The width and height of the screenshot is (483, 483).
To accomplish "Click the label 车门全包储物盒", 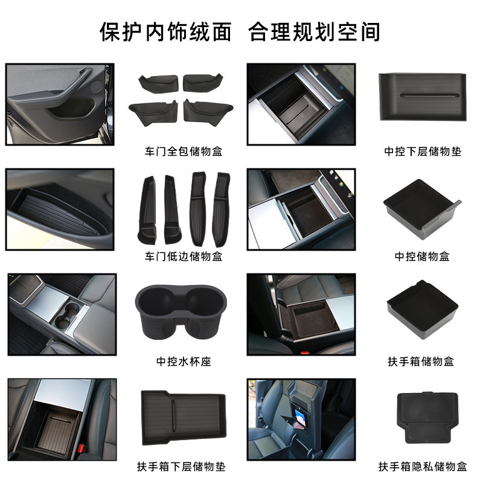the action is coord(184,152).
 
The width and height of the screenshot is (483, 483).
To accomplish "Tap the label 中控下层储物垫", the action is coord(423,152).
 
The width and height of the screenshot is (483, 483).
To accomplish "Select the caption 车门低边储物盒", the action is coord(184,256).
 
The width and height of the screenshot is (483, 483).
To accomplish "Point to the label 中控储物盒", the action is coord(422,256).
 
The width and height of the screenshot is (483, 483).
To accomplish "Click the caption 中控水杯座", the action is coord(184,361).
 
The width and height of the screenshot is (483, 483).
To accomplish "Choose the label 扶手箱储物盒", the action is coord(421,361).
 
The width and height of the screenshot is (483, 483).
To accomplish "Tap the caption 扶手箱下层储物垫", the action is coord(181,466).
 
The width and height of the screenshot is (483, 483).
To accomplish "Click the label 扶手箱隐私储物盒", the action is coord(423,466).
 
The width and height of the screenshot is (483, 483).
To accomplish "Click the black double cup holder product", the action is coord(181,312).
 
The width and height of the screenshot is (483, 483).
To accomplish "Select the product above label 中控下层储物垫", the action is coord(423,97).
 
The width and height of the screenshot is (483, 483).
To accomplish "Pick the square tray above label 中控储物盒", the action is coord(422,208).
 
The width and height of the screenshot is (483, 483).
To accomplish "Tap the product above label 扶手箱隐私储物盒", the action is coord(427,417).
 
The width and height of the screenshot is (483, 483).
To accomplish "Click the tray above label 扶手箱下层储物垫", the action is coord(184,417).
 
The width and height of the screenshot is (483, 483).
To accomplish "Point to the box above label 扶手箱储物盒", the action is coord(422,309).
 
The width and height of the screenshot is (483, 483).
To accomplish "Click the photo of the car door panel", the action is coord(60,104).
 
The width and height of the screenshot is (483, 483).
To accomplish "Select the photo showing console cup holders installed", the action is coord(62,314).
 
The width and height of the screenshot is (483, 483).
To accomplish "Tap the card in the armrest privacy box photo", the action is coord(300,418).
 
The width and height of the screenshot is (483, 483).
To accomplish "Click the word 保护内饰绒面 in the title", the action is coord(165,32).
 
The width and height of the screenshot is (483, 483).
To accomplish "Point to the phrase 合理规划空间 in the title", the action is coord(315,32).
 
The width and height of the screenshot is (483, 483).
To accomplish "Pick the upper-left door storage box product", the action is coord(159,83).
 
